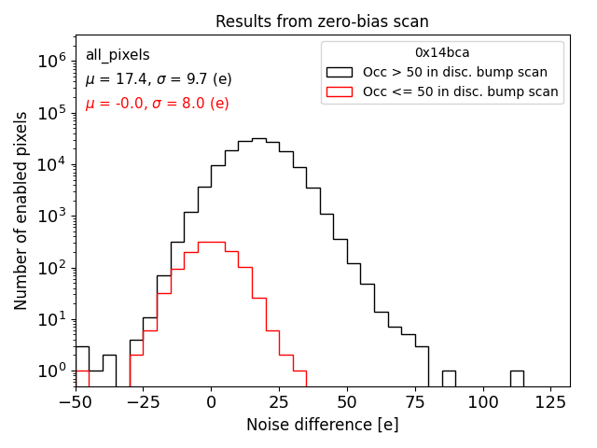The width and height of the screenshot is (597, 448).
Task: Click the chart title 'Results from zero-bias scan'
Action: [x=322, y=21]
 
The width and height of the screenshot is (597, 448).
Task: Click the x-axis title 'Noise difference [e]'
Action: [x=322, y=425]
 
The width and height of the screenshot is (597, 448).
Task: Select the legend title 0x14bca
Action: [x=442, y=53]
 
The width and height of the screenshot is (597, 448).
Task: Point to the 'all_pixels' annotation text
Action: [x=118, y=55]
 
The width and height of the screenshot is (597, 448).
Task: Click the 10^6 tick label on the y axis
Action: [x=50, y=61]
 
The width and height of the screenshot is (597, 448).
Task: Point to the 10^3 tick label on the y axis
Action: [x=50, y=216]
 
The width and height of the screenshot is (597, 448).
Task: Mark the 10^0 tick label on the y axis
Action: [x=50, y=371]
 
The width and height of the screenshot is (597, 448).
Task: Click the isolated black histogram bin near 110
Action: [x=517, y=378]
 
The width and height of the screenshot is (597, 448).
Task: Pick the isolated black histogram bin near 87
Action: [x=449, y=378]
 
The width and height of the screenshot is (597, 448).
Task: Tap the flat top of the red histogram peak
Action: [x=211, y=243]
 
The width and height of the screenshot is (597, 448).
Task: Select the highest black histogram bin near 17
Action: [x=258, y=139]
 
